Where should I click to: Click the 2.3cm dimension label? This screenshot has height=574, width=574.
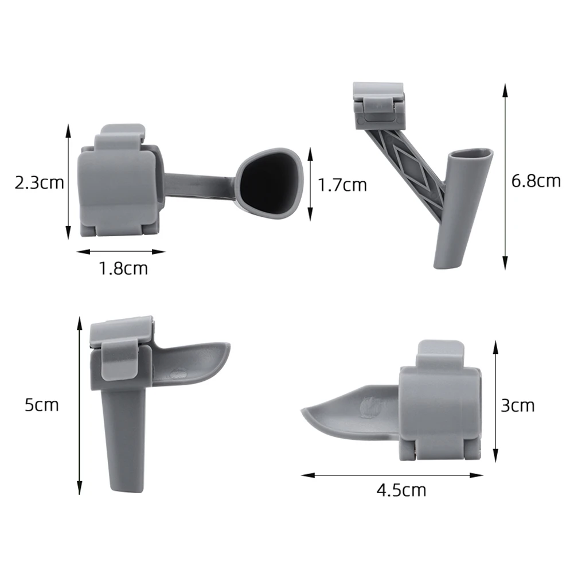pyautogui.click(x=38, y=183)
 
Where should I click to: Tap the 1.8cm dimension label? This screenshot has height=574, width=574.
pyautogui.click(x=123, y=268)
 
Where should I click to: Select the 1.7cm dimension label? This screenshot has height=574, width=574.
pyautogui.click(x=342, y=185)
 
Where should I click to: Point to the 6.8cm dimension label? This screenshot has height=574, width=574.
pyautogui.click(x=536, y=181)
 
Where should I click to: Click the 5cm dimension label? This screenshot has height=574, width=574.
pyautogui.click(x=41, y=405)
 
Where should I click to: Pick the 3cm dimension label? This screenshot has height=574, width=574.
pyautogui.click(x=517, y=405)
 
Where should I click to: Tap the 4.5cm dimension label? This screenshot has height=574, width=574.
pyautogui.click(x=401, y=490)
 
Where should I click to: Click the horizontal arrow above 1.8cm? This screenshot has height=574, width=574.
pyautogui.click(x=121, y=251)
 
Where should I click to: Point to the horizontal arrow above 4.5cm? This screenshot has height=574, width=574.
pyautogui.click(x=392, y=475)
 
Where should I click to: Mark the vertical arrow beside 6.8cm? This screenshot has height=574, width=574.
pyautogui.click(x=505, y=177)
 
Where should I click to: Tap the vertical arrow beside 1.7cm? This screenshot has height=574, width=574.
pyautogui.click(x=310, y=183)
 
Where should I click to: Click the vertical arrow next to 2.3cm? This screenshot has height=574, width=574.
pyautogui.click(x=68, y=182)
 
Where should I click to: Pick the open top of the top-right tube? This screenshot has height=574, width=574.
pyautogui.click(x=470, y=154)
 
